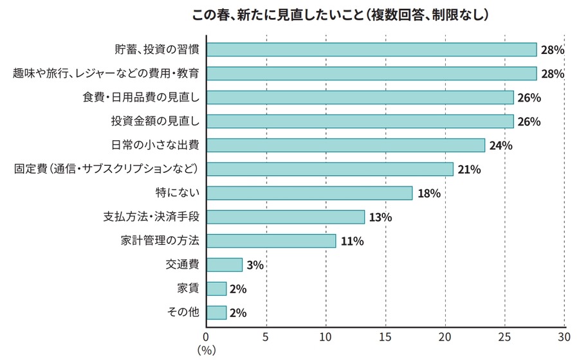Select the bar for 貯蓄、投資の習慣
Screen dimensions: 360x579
[x=371, y=50]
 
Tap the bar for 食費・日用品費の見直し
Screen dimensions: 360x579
[x=360, y=97]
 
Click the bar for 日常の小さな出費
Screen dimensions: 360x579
[x=345, y=145]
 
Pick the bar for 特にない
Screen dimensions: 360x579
[x=309, y=193]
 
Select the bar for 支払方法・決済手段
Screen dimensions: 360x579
[x=285, y=217]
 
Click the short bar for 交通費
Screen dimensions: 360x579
[x=224, y=265]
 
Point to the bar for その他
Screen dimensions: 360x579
[x=216, y=312]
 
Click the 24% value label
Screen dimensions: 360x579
[x=501, y=146]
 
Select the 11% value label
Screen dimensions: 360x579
[x=352, y=242]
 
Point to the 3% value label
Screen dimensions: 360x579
[x=255, y=265]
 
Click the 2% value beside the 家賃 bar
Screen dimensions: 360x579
[x=238, y=289]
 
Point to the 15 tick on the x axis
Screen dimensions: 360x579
[x=385, y=336]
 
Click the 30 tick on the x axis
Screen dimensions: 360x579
[x=564, y=336]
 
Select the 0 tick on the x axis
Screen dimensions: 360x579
[x=207, y=336]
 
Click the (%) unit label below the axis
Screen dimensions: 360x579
[x=207, y=350]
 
